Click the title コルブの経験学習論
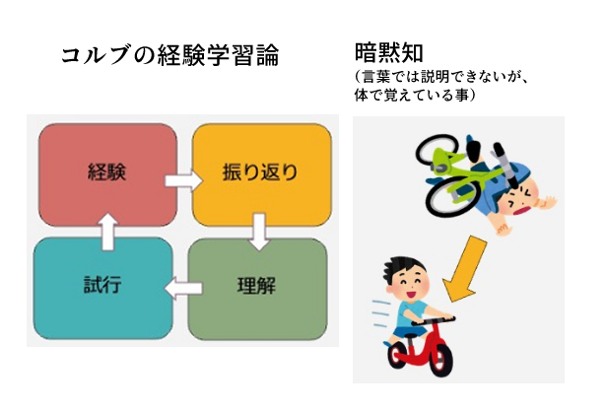(x=169, y=55)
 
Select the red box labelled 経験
(x=105, y=174)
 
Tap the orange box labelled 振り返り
(x=259, y=174)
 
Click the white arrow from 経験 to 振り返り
(x=180, y=181)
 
